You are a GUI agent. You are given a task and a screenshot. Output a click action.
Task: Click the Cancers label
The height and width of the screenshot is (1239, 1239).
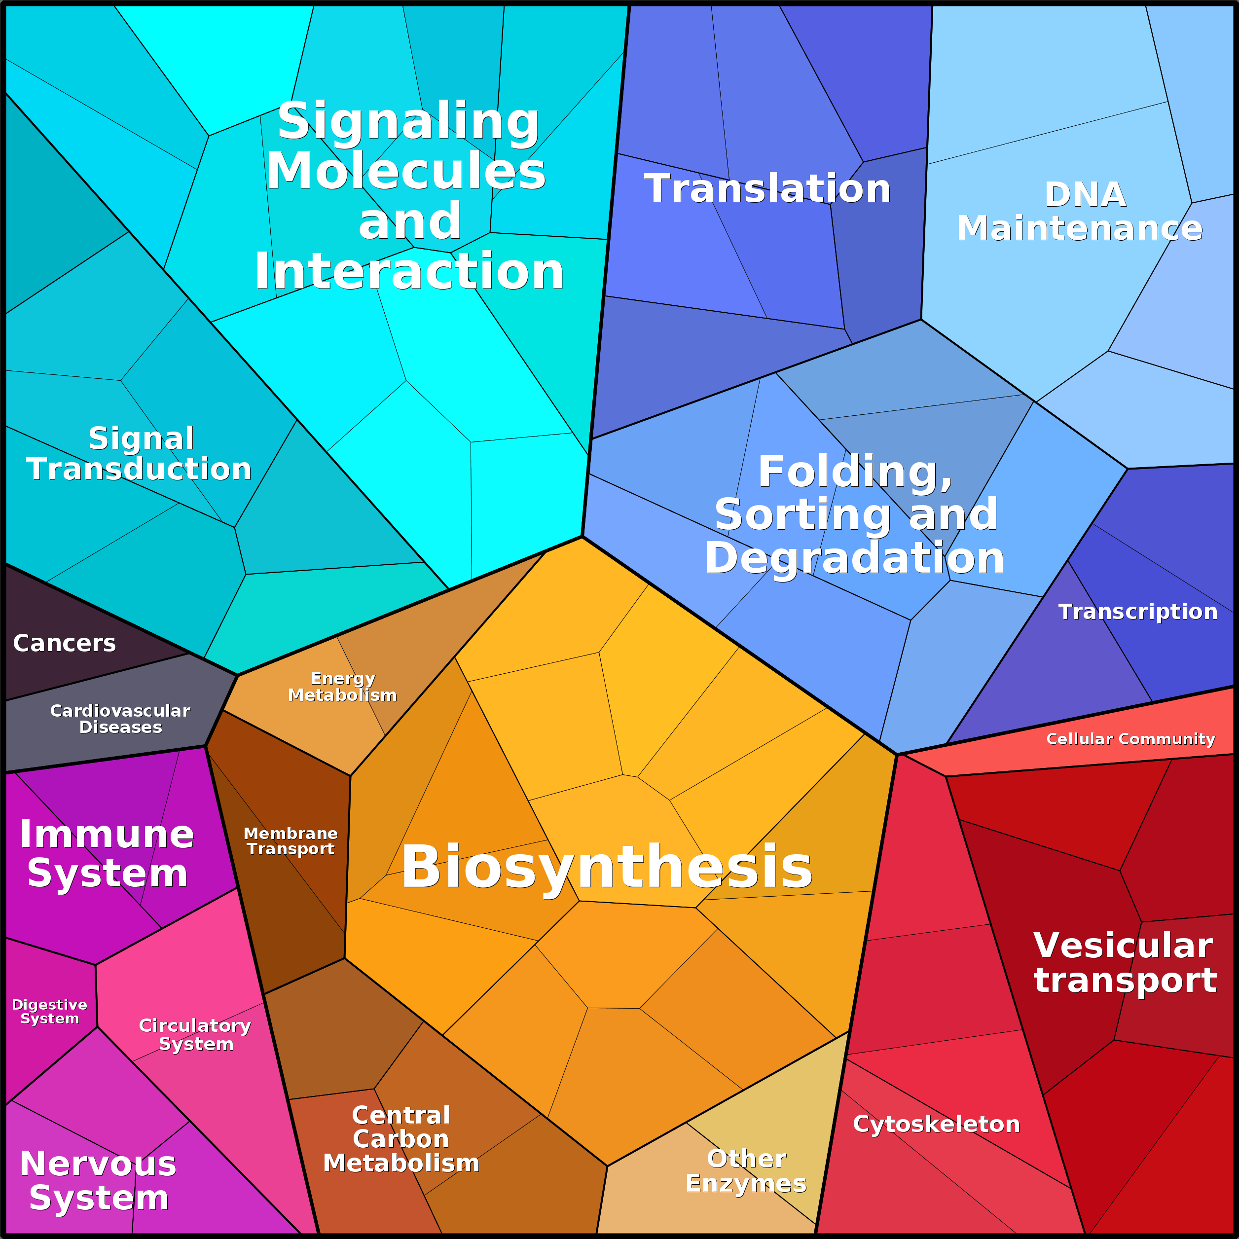[x=64, y=643]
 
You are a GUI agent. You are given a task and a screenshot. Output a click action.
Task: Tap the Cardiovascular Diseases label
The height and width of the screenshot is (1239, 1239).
[x=120, y=719]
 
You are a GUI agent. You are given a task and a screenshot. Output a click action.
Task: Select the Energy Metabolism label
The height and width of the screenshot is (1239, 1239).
[x=342, y=687]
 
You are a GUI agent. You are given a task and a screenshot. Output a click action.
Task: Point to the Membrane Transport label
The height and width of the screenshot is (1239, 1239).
[x=291, y=841]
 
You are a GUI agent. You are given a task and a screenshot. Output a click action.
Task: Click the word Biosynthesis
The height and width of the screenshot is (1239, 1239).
[x=607, y=867]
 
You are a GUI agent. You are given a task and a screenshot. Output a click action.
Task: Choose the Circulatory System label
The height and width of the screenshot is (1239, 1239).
[x=195, y=1034]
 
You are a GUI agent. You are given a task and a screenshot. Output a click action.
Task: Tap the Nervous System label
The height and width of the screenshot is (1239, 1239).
[x=98, y=1181]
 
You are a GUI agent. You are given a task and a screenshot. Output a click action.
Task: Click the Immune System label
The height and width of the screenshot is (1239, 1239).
[x=107, y=854]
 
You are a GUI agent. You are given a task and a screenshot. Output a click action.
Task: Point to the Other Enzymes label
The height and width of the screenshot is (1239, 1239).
[x=746, y=1171]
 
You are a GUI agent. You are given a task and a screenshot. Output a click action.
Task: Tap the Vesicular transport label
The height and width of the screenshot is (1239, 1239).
[x=1125, y=963]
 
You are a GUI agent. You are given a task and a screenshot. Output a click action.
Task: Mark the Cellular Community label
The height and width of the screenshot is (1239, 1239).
[x=1130, y=739]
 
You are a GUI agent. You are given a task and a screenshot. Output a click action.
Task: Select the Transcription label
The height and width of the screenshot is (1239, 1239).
[x=1138, y=612]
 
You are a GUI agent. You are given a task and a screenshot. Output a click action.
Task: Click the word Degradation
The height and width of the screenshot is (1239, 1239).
[x=854, y=557]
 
